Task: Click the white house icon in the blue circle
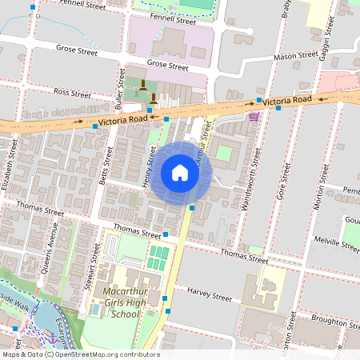[179, 172]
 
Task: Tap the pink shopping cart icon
[254, 117]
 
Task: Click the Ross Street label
[73, 94]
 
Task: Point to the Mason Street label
[295, 56]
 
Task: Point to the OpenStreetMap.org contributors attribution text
[108, 354]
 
